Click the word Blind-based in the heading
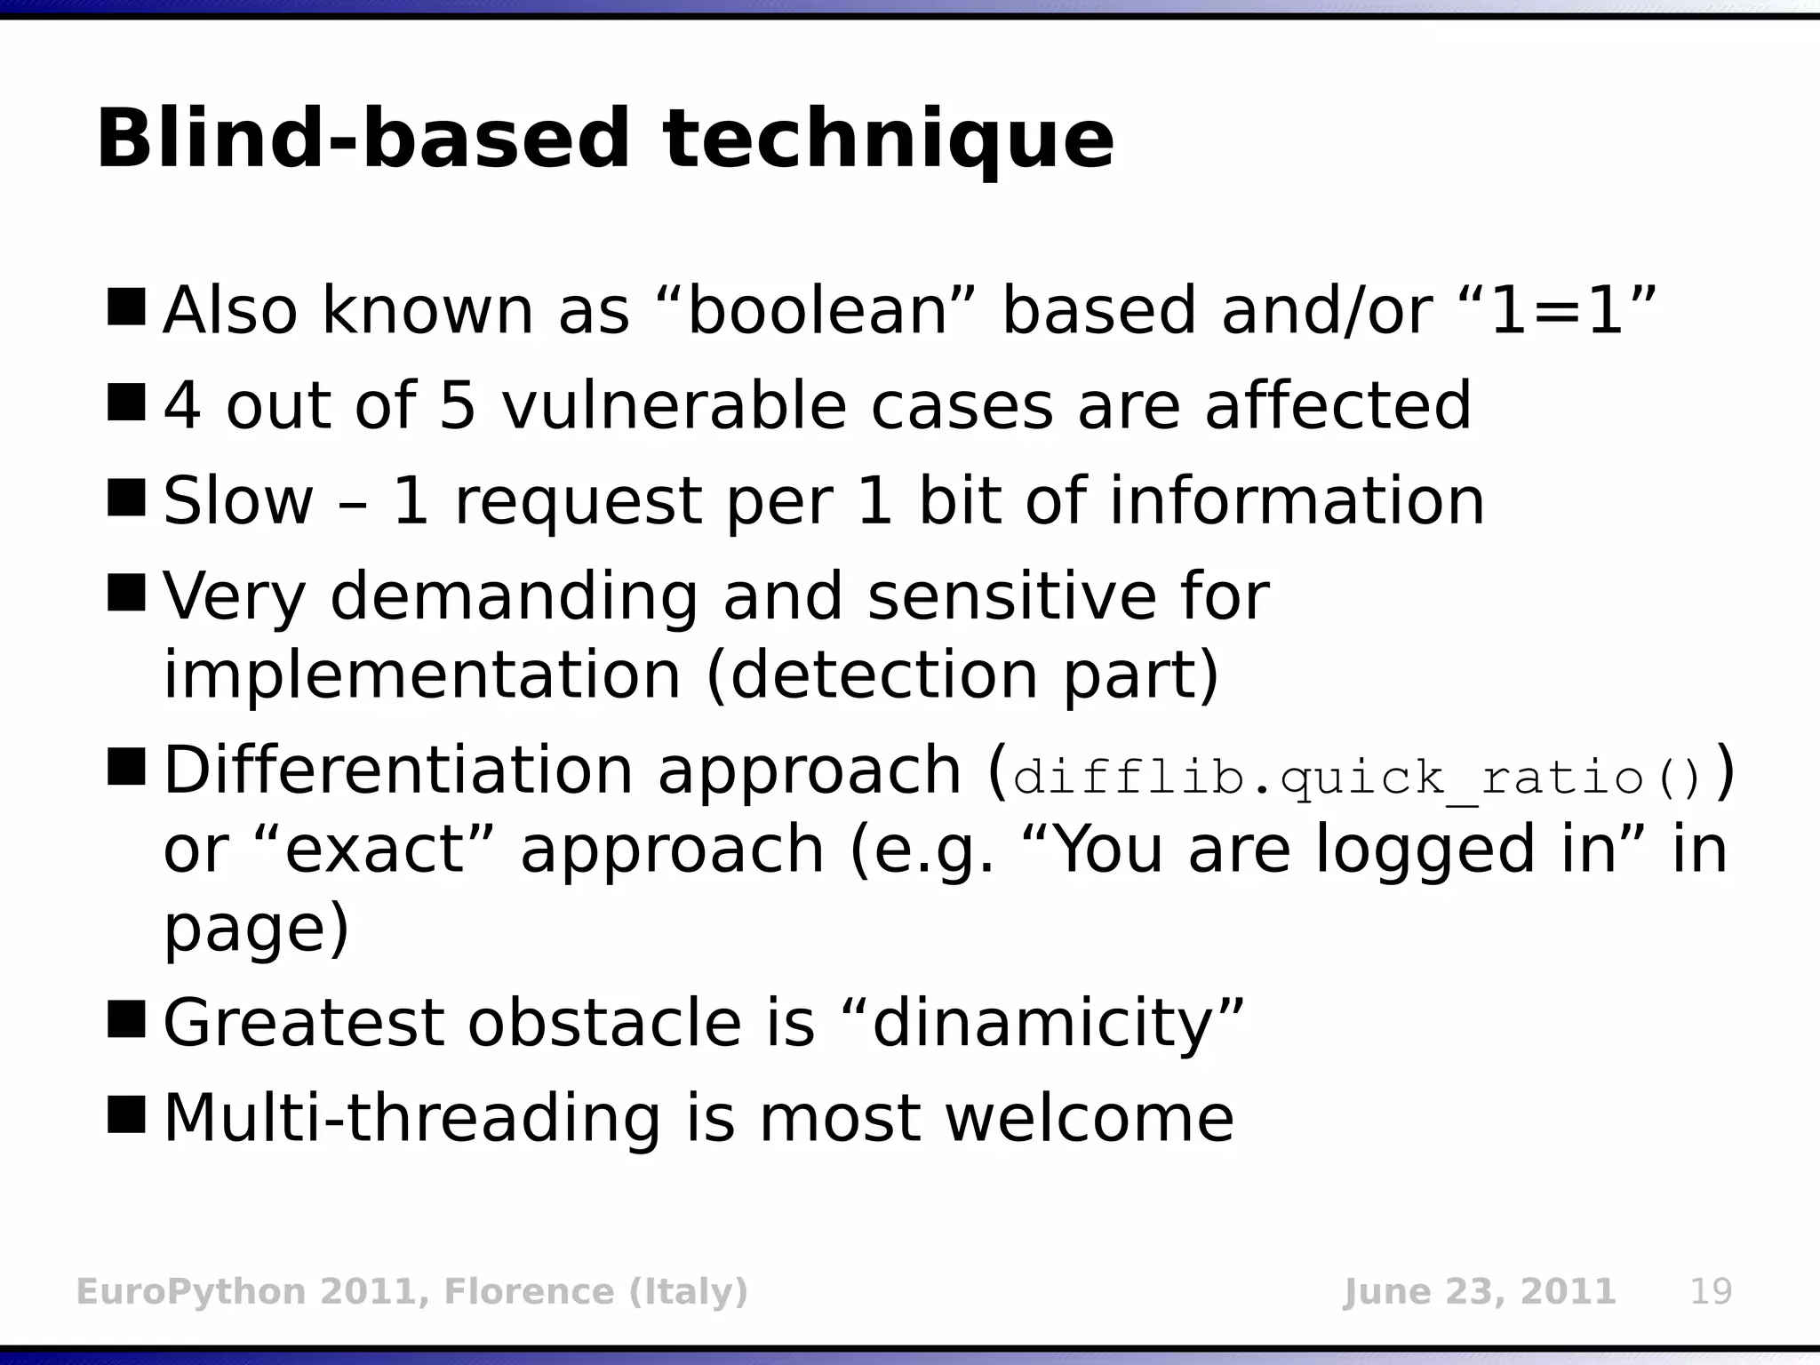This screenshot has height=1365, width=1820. [x=363, y=139]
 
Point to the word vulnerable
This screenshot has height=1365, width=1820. [x=674, y=406]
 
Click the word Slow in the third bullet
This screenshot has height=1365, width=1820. [x=238, y=501]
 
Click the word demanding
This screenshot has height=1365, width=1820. [x=514, y=596]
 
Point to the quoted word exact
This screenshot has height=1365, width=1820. [x=375, y=850]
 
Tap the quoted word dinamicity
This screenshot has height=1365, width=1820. [x=1042, y=1024]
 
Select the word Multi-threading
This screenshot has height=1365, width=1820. [x=412, y=1118]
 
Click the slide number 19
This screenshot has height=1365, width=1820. [x=1710, y=1291]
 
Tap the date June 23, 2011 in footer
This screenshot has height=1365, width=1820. [x=1479, y=1291]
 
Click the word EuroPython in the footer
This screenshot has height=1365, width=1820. [x=191, y=1291]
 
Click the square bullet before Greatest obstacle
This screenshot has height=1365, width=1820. [x=126, y=1019]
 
